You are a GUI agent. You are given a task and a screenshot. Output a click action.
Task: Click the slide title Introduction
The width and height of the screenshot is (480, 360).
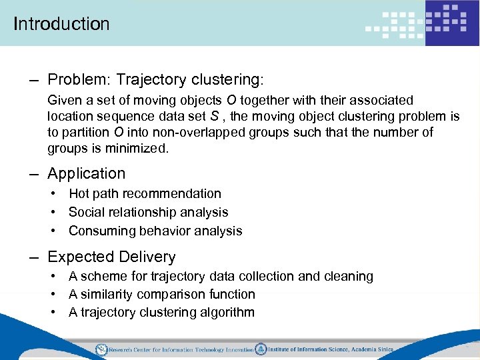coord(61,24)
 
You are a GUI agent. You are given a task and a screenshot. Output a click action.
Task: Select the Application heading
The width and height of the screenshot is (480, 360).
coord(87,173)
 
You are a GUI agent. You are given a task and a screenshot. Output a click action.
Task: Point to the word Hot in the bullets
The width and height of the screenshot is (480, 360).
coord(79,194)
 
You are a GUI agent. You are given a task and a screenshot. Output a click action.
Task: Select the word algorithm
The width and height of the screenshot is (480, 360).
coord(227,313)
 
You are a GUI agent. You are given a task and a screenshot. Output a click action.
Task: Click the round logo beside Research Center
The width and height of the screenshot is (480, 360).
coord(101,349)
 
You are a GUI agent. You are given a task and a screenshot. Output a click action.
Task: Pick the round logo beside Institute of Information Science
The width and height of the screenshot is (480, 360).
coord(261,349)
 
